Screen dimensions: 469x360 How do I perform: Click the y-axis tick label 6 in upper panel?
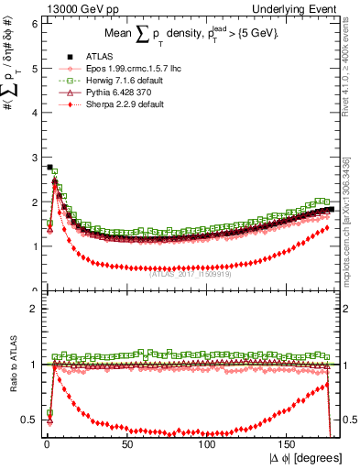pos(33,23)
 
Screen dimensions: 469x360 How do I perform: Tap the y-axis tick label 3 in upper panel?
pos(33,158)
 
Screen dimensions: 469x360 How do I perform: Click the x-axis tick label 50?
pos(127,443)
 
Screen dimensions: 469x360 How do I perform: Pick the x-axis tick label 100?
pos(207,443)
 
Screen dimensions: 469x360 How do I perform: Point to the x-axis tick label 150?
pos(289,443)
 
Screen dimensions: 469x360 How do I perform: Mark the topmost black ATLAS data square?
pos(49,167)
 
